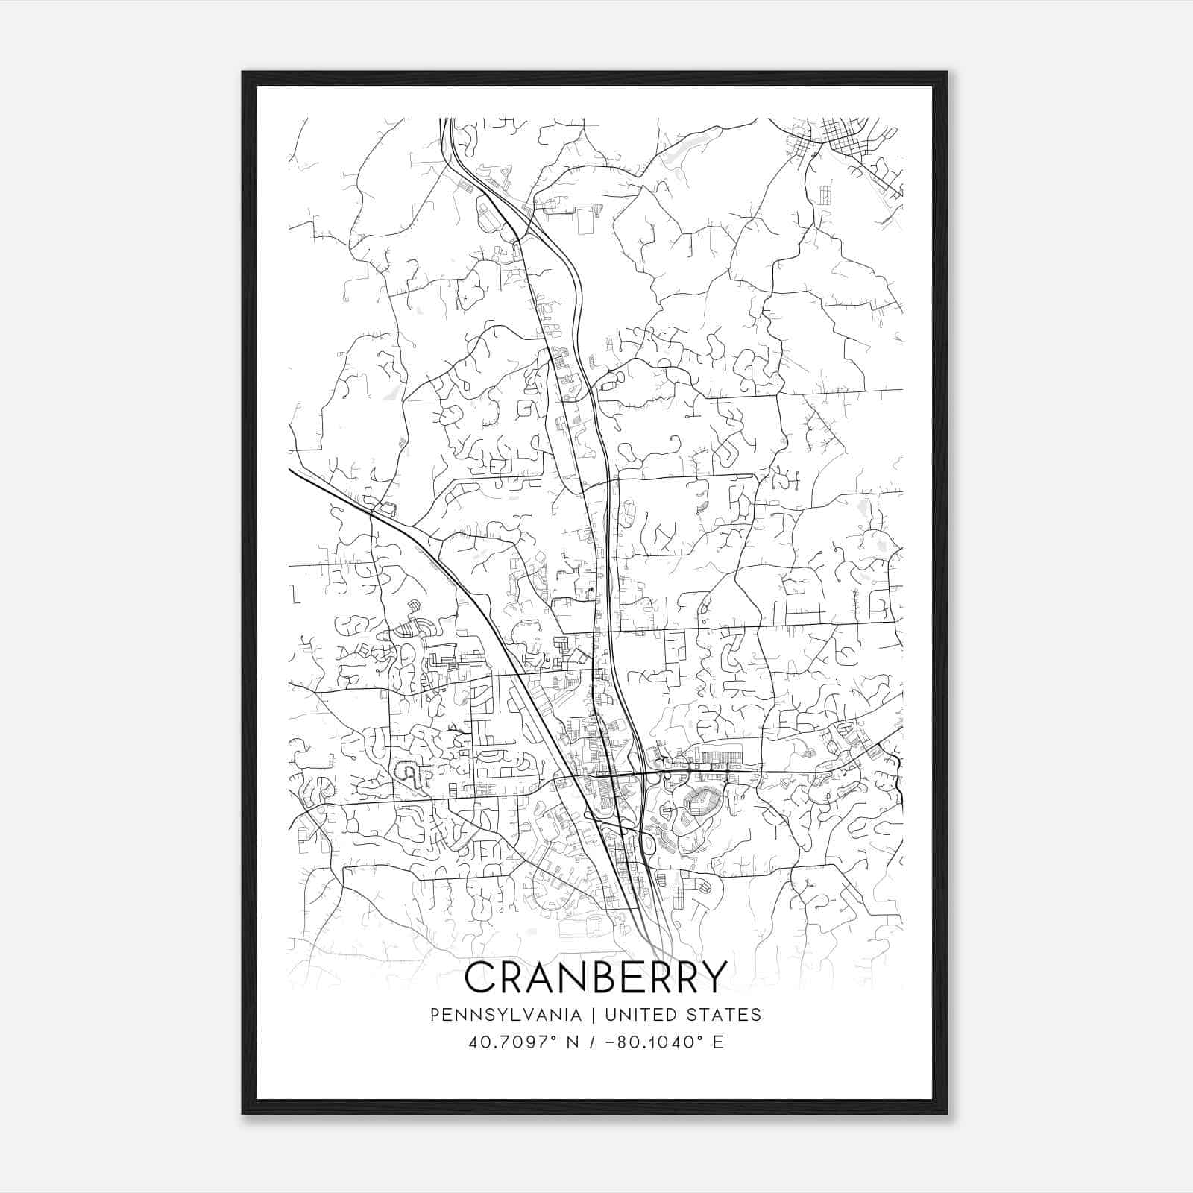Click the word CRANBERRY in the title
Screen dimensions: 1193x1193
point(595,977)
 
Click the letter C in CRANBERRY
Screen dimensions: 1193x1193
point(480,977)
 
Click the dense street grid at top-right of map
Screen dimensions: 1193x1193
point(850,142)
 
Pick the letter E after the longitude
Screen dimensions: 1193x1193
point(718,1042)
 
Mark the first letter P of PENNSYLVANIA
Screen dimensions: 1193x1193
point(435,1014)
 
